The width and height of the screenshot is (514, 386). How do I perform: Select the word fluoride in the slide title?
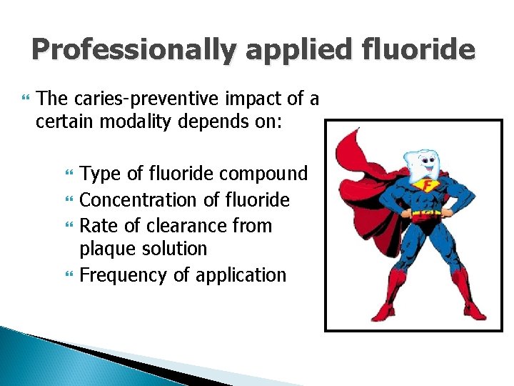pyautogui.click(x=420, y=49)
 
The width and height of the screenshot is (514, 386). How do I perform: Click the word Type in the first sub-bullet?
pyautogui.click(x=101, y=174)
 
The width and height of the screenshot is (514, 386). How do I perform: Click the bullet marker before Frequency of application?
pyautogui.click(x=69, y=275)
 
